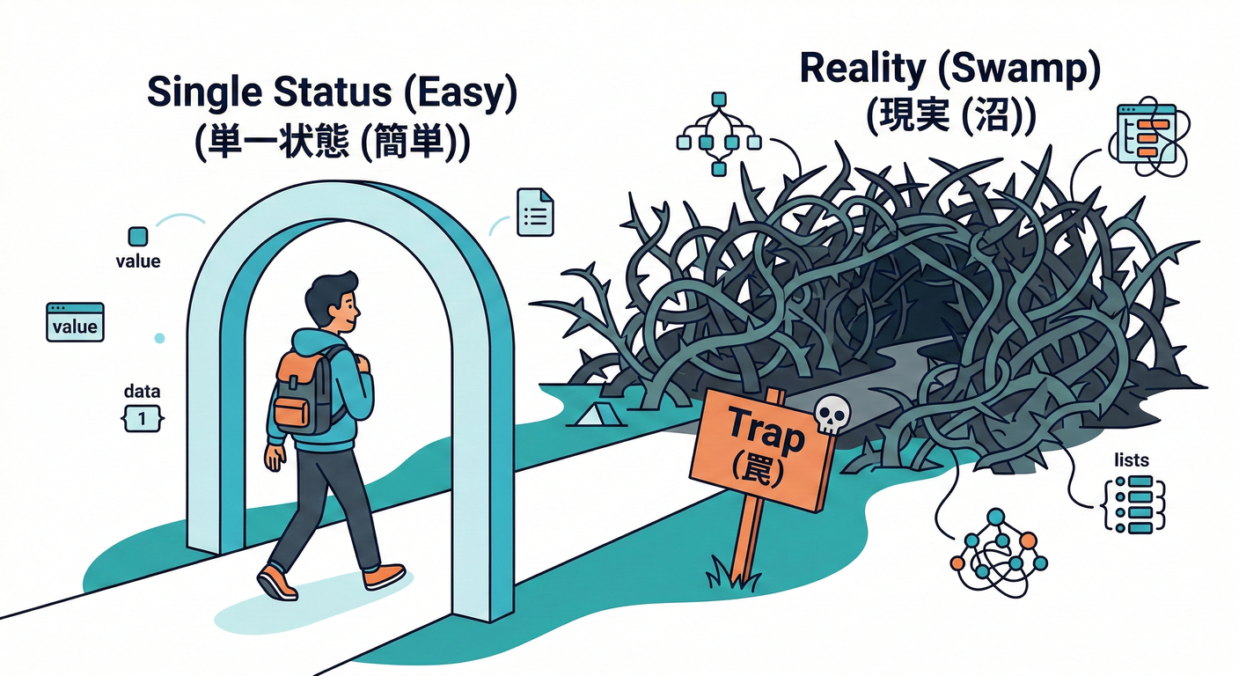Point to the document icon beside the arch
[535, 212]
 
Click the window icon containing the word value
[75, 322]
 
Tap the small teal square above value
[138, 236]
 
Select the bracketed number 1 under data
[143, 419]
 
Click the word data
[143, 392]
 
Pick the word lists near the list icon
[1131, 459]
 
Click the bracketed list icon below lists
[1134, 504]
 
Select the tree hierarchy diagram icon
[719, 134]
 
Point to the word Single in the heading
[204, 93]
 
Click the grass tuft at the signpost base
[733, 574]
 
